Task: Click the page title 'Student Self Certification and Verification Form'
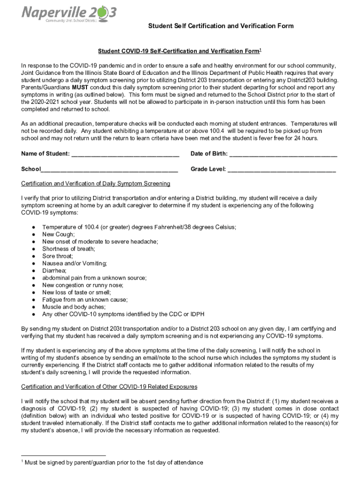[221, 26]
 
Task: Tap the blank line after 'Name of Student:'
[126, 154]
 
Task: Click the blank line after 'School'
[109, 169]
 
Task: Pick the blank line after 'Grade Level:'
[281, 169]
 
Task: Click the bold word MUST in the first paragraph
[80, 87]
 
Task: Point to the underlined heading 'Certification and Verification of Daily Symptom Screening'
[95, 183]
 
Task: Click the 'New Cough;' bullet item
[58, 234]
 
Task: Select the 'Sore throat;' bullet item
[58, 256]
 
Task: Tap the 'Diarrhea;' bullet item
[54, 270]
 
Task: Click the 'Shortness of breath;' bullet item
[68, 249]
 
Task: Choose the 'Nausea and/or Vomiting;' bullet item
[74, 263]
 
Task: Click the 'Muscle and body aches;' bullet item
[73, 307]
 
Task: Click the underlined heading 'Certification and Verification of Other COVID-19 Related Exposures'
[109, 387]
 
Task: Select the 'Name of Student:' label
[45, 154]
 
